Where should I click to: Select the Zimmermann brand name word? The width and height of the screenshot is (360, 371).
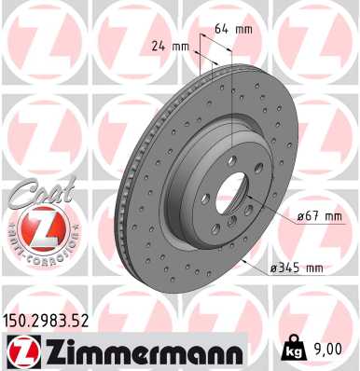(140, 351)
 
